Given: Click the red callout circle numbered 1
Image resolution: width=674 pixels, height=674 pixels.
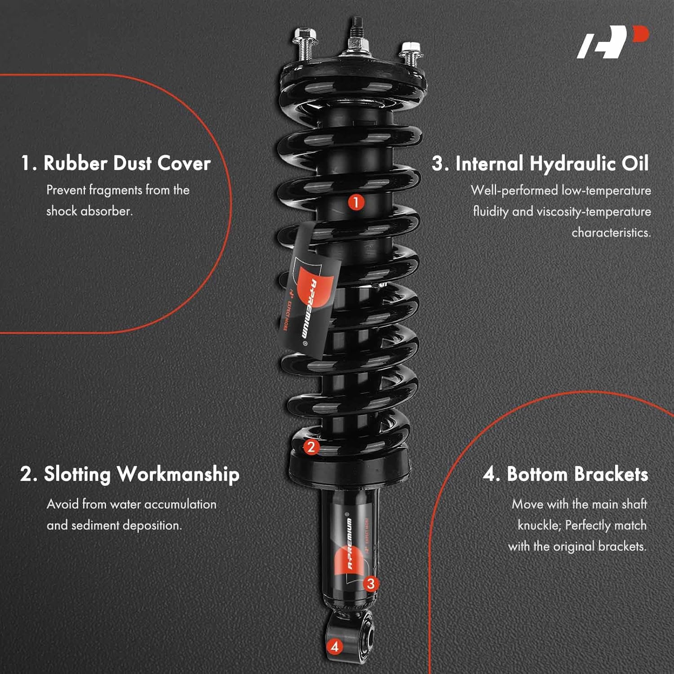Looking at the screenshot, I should [x=355, y=202].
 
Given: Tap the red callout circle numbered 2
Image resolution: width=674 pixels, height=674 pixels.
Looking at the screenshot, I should [x=311, y=447].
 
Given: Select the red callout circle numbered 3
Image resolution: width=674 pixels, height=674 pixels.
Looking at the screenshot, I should [x=370, y=584].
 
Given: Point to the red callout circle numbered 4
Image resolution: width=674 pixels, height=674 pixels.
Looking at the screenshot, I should [x=334, y=647].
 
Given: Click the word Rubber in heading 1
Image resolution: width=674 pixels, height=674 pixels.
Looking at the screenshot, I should [x=75, y=163].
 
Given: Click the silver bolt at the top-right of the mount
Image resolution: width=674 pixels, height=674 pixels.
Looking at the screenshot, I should [x=410, y=53].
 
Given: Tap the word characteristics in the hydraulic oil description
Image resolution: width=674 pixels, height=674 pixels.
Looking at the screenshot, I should [x=611, y=233].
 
